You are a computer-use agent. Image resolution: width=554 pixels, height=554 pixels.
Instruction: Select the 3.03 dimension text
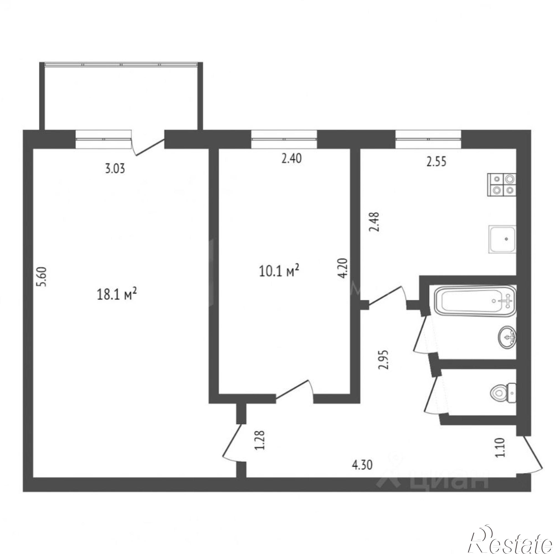(x=115, y=169)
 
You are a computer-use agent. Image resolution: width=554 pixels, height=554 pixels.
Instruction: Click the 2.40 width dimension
(x=291, y=158)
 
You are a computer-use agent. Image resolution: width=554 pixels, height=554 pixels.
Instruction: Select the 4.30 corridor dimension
(x=362, y=465)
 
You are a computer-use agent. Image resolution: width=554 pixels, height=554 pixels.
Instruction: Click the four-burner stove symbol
(x=502, y=185)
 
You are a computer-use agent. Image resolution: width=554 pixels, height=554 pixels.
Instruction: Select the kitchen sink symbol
(x=502, y=239)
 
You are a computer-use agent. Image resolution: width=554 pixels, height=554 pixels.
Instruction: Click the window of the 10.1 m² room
(x=284, y=139)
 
